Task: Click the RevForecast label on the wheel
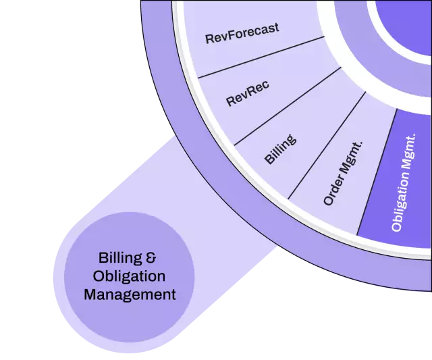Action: (x=242, y=33)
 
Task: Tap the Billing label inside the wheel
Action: (x=279, y=149)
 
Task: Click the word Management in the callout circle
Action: (x=130, y=295)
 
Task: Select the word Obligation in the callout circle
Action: (x=130, y=276)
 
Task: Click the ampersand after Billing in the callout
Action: (x=152, y=257)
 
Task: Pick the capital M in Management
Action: (x=89, y=295)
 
